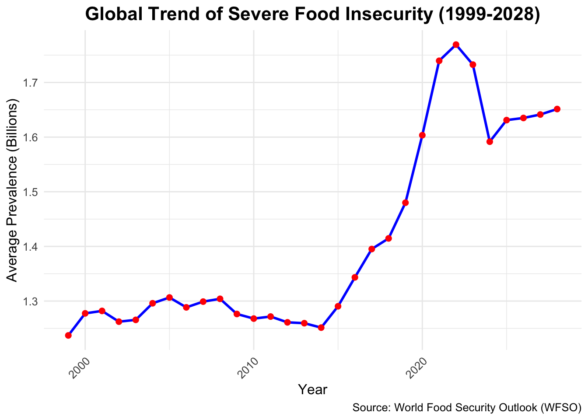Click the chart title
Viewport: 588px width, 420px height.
pyautogui.click(x=313, y=14)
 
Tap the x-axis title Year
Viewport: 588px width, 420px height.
pyautogui.click(x=312, y=389)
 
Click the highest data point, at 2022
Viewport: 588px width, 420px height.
pyautogui.click(x=456, y=45)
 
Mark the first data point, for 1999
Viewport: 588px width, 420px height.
pyautogui.click(x=68, y=335)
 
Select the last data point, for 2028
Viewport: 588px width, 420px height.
pyautogui.click(x=557, y=109)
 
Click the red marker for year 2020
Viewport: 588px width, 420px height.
pyautogui.click(x=422, y=135)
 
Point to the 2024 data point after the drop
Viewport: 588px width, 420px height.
pyautogui.click(x=490, y=142)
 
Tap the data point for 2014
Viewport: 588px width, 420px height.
pyautogui.click(x=321, y=327)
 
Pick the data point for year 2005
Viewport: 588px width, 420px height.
pyautogui.click(x=169, y=297)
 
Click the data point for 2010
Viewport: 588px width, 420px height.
pyautogui.click(x=254, y=318)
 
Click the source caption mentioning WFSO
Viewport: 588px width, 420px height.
pyautogui.click(x=466, y=408)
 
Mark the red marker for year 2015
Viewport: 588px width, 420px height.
pyautogui.click(x=338, y=306)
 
